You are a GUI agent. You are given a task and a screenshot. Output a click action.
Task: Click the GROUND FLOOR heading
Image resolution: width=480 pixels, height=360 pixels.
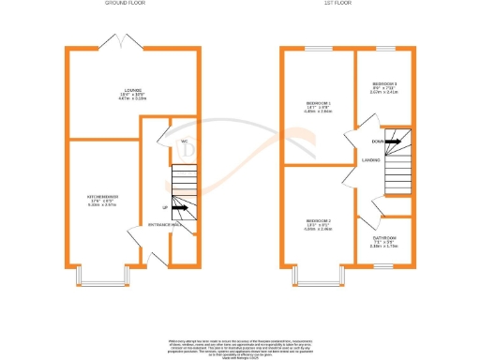[x=127, y=5]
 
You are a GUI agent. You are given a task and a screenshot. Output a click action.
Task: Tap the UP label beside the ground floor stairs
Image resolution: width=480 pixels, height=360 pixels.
[x=164, y=207]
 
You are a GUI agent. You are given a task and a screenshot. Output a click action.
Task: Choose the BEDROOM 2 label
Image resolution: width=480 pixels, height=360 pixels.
[x=318, y=226]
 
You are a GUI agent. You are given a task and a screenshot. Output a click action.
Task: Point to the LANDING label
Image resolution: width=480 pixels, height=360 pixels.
[x=371, y=160]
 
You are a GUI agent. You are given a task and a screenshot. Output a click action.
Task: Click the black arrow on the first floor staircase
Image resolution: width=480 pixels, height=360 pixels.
[x=394, y=142]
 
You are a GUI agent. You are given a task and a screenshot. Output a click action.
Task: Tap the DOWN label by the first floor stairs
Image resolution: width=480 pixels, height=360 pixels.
[x=377, y=142]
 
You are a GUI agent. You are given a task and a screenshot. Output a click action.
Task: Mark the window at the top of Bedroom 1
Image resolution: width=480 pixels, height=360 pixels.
[x=319, y=47]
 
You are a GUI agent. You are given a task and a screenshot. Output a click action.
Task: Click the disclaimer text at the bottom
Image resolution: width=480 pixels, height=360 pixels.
[x=240, y=342]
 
